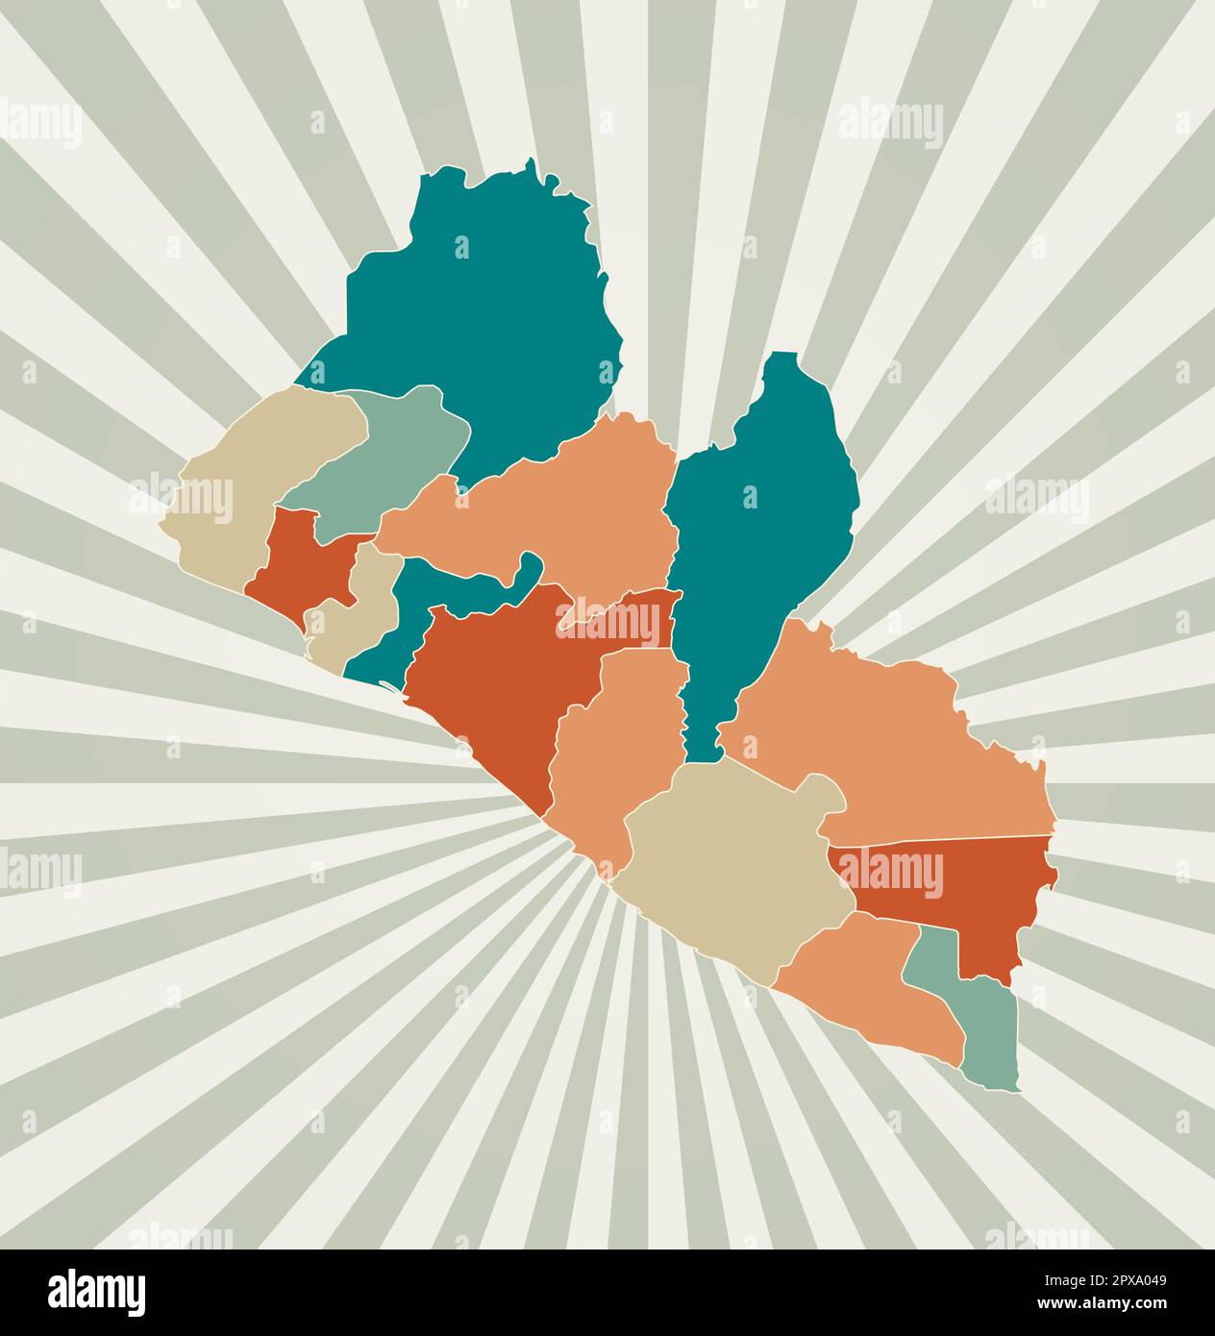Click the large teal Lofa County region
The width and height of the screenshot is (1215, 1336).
pos(481,308)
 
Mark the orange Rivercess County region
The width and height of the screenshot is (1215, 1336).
pos(615,750)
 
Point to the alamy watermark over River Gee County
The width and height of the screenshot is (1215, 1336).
pos(890,873)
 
